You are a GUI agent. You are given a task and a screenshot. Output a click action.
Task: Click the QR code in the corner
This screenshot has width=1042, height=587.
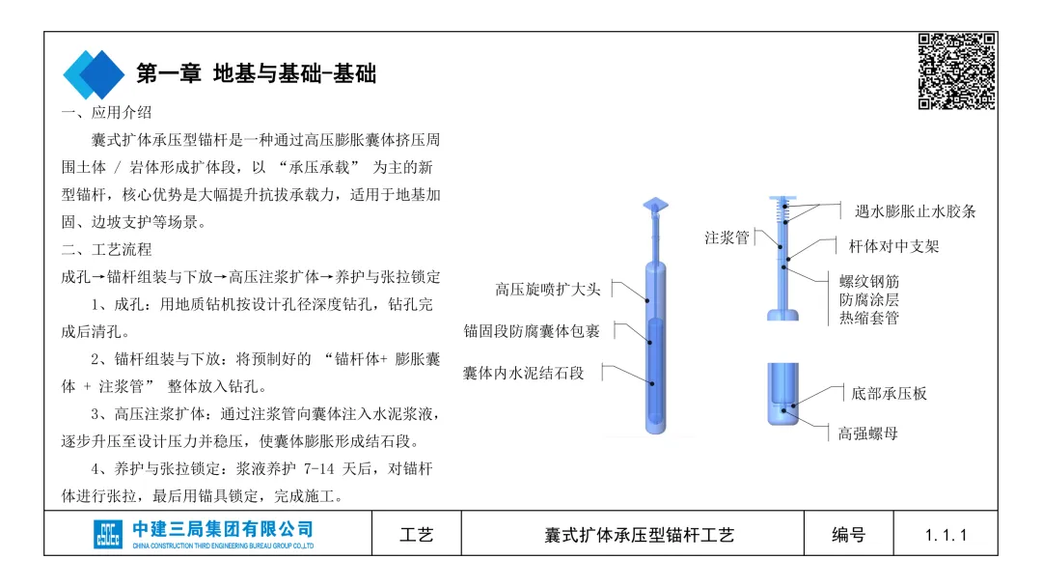click(x=956, y=70)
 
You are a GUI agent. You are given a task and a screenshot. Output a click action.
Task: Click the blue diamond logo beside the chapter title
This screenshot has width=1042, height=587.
click(x=94, y=73)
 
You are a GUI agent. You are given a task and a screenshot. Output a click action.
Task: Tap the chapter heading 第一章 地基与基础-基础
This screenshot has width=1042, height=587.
click(x=256, y=73)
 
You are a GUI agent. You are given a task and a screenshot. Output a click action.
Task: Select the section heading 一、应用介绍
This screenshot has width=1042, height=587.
click(x=106, y=114)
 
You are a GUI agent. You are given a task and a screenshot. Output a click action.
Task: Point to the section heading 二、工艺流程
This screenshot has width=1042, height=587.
click(x=106, y=249)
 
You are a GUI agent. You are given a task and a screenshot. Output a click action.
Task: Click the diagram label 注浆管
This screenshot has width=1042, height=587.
click(x=727, y=238)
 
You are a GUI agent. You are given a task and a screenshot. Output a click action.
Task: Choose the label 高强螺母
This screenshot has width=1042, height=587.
click(x=868, y=433)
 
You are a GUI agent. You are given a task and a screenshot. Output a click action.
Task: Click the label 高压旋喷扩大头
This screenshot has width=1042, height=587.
click(x=548, y=289)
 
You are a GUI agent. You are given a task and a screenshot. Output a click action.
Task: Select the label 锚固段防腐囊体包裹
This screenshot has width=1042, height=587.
click(x=532, y=331)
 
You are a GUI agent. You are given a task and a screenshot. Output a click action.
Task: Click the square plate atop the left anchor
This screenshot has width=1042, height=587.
click(x=656, y=205)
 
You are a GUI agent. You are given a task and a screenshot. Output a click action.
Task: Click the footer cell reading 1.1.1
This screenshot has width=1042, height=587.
click(x=945, y=534)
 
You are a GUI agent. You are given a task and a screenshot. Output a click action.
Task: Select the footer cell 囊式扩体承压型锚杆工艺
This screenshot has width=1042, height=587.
click(x=640, y=534)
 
